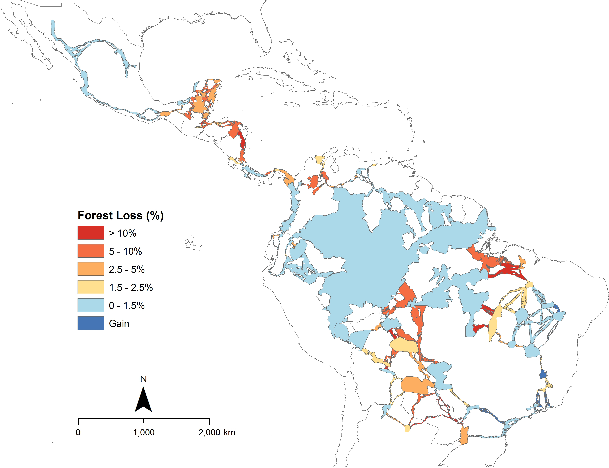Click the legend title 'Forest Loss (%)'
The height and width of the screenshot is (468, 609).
click(x=120, y=215)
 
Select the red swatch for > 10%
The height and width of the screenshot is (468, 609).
click(x=91, y=233)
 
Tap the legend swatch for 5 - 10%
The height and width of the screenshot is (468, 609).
click(x=91, y=251)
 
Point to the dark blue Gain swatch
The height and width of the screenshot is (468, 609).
click(x=91, y=323)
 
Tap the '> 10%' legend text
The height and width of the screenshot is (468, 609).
click(x=123, y=233)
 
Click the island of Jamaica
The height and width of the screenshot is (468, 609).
click(x=292, y=105)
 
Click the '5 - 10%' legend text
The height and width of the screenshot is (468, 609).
click(x=125, y=251)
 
